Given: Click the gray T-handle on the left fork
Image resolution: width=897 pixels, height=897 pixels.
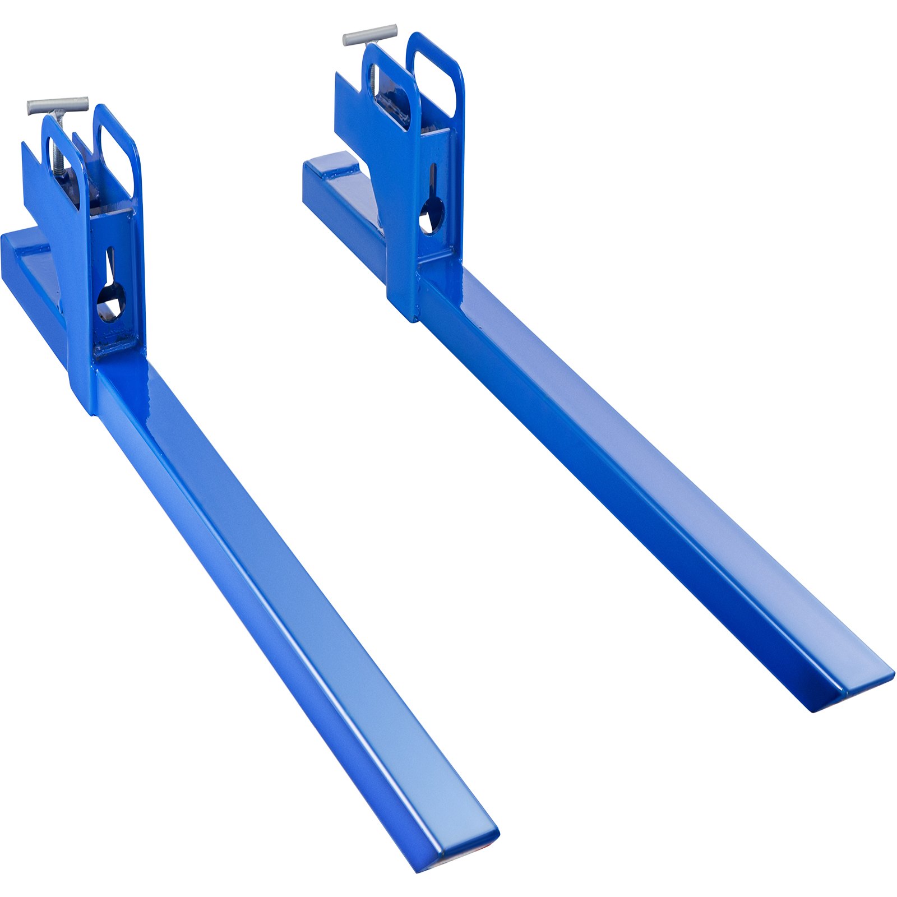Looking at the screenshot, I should (x=58, y=104).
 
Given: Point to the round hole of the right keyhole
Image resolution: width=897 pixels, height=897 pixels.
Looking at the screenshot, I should (x=432, y=216).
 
